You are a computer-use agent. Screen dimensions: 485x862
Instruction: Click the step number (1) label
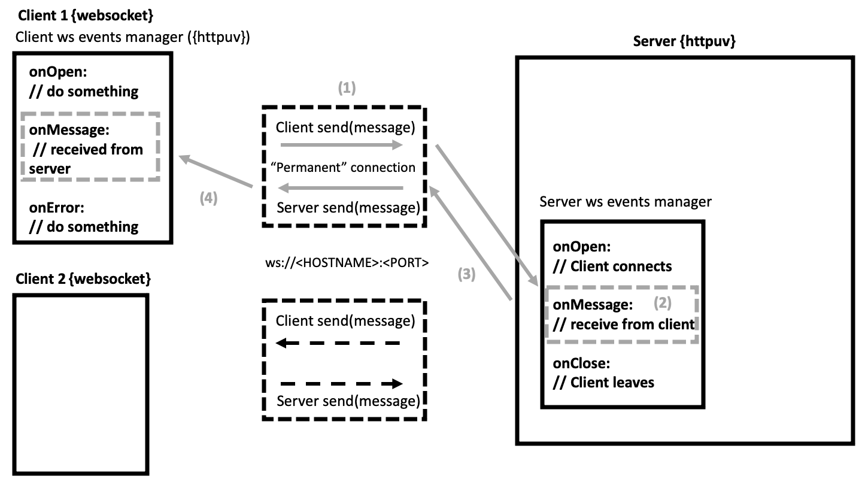[x=347, y=89]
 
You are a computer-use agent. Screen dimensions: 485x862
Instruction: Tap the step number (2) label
[x=661, y=303]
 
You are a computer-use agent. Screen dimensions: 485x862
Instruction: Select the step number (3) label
[x=466, y=274]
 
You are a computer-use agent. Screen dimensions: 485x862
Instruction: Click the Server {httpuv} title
[x=684, y=42]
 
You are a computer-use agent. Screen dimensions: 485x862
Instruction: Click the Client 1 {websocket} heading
[x=81, y=16]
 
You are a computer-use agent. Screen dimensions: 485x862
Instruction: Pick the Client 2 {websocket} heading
[x=83, y=279]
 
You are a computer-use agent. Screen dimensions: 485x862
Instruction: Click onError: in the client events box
[x=57, y=208]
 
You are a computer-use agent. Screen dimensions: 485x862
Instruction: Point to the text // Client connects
[x=612, y=266]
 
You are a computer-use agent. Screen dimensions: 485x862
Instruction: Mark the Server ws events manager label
[x=626, y=202]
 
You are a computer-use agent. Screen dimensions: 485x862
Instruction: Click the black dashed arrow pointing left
[x=338, y=344]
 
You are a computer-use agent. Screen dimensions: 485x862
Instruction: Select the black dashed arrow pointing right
[x=342, y=384]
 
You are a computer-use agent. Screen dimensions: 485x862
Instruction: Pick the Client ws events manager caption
[x=132, y=37]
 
